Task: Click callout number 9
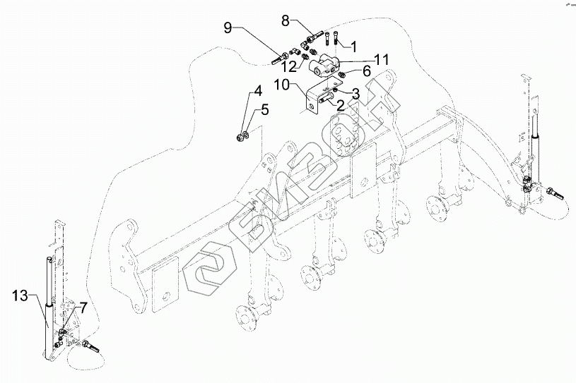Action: coord(228,29)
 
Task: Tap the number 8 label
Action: coord(286,20)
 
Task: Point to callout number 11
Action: coord(382,60)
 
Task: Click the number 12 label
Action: coord(287,67)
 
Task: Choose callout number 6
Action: coord(367,71)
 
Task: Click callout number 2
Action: coord(340,105)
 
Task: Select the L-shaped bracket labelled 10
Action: coord(312,99)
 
